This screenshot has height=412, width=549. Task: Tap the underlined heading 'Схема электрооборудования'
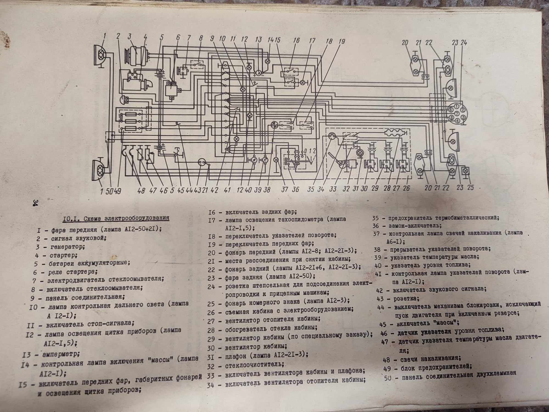(126, 219)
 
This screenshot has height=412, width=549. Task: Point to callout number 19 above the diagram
(341, 41)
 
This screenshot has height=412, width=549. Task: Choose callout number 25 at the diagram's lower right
(470, 188)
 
